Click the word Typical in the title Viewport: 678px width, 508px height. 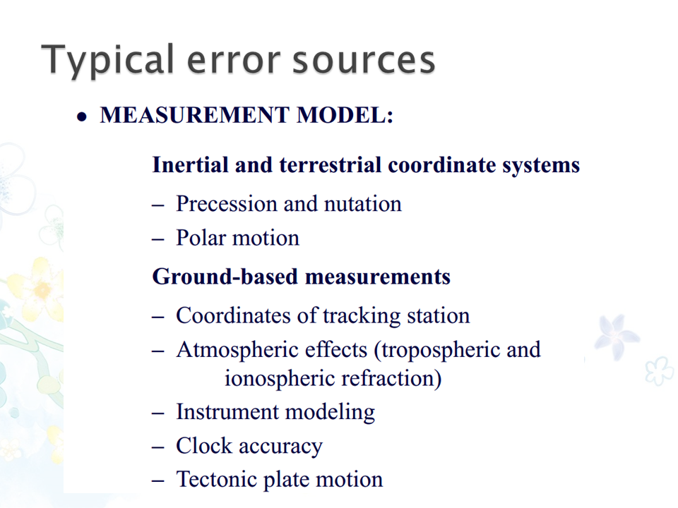pyautogui.click(x=107, y=60)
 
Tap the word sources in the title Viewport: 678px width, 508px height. pyautogui.click(x=364, y=60)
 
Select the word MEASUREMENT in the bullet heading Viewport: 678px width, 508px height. pyautogui.click(x=195, y=115)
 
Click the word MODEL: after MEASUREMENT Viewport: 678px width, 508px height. pyautogui.click(x=345, y=115)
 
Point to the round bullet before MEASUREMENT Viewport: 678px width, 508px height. pyautogui.click(x=81, y=117)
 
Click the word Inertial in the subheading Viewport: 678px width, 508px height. pyautogui.click(x=190, y=165)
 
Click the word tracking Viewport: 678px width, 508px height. pyautogui.click(x=362, y=316)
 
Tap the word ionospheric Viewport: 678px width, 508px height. pyautogui.click(x=280, y=379)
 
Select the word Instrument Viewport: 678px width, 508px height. pyautogui.click(x=227, y=412)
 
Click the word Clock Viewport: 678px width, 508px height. pyautogui.click(x=203, y=446)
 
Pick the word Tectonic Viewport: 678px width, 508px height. pyautogui.click(x=216, y=480)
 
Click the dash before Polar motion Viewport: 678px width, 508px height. pyautogui.click(x=158, y=239)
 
